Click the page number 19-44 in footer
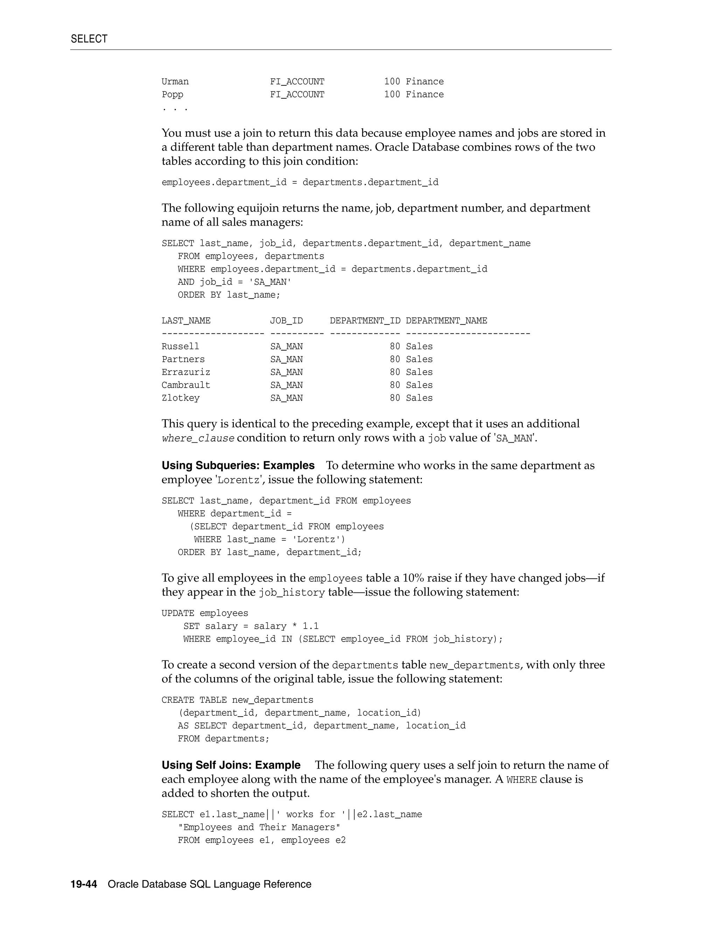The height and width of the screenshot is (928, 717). pyautogui.click(x=84, y=884)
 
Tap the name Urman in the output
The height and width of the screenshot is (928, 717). pyautogui.click(x=175, y=82)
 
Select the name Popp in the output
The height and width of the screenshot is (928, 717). pyautogui.click(x=173, y=94)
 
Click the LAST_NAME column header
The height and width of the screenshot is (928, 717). pyautogui.click(x=186, y=321)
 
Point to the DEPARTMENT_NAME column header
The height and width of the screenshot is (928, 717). pyautogui.click(x=446, y=321)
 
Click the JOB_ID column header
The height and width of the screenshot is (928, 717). pyautogui.click(x=286, y=321)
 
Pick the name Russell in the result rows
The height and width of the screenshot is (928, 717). pyautogui.click(x=180, y=346)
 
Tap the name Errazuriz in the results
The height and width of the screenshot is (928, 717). pyautogui.click(x=186, y=372)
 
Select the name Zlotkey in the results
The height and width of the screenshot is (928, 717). pyautogui.click(x=181, y=398)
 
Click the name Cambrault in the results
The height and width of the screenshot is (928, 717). pyautogui.click(x=186, y=385)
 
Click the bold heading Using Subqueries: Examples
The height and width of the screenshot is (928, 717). pyautogui.click(x=238, y=466)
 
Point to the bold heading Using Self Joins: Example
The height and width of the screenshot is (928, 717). pyautogui.click(x=231, y=765)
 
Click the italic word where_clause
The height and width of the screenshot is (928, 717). pyautogui.click(x=198, y=438)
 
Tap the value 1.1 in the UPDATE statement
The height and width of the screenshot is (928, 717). pyautogui.click(x=311, y=626)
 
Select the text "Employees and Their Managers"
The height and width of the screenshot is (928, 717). pyautogui.click(x=259, y=827)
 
